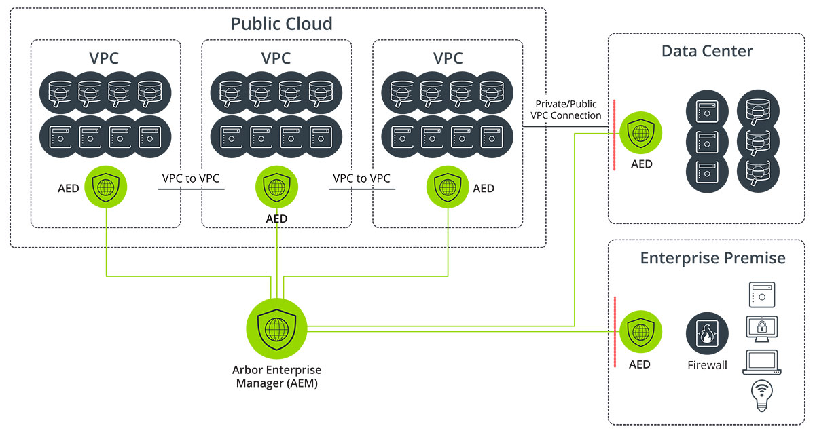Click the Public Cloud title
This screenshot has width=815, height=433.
282,24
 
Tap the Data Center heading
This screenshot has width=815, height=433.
707,52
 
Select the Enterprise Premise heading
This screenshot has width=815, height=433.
712,258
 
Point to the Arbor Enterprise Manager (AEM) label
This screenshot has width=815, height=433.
276,377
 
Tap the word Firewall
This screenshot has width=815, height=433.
707,365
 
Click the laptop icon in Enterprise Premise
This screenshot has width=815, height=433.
762,362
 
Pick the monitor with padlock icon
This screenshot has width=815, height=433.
762,329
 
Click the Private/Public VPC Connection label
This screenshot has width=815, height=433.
566,110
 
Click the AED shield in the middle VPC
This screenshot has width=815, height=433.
276,187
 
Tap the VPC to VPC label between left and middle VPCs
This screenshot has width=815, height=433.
191,178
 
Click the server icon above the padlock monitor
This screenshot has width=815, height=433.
762,295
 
